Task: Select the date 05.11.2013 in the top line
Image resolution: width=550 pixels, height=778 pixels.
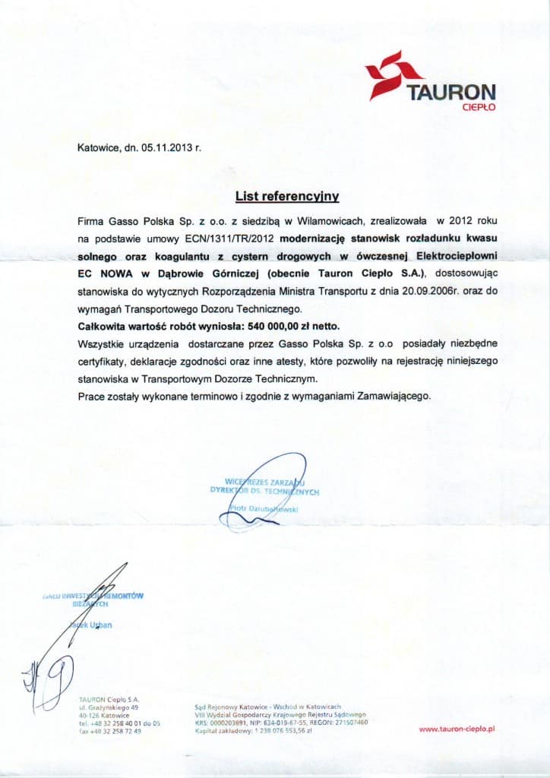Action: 166,149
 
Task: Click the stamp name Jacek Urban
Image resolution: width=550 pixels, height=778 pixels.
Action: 96,625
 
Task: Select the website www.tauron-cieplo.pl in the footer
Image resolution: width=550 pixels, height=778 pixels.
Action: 457,729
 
